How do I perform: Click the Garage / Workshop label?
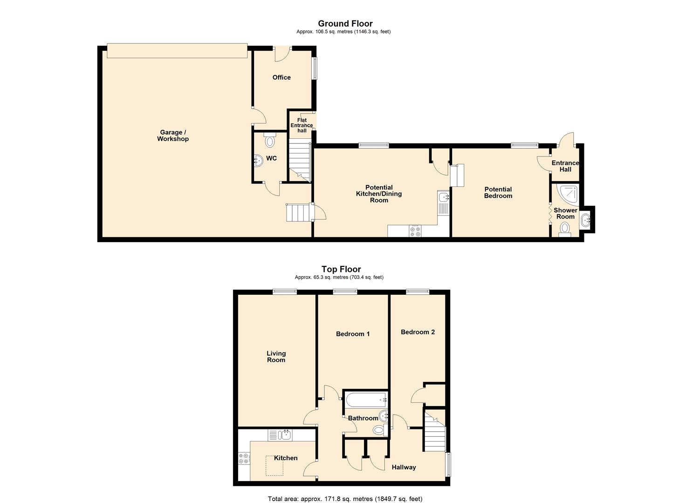point(172,136)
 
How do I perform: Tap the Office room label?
point(281,77)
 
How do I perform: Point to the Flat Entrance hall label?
point(302,125)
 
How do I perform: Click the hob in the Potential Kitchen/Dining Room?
point(415,231)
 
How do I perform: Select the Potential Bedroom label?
point(498,192)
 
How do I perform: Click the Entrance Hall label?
point(565,166)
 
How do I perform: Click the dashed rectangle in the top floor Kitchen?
point(274,465)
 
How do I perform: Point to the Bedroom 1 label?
point(353,334)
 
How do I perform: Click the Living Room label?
point(276,356)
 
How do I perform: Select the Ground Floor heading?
point(345,23)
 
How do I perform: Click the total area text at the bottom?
point(345,499)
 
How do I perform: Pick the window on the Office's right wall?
point(315,68)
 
